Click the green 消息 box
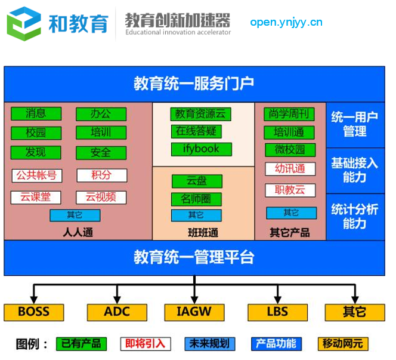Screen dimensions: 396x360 click(36, 114)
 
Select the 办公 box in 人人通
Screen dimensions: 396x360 click(101, 114)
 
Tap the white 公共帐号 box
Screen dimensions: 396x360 click(37, 176)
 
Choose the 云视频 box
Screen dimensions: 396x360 click(101, 198)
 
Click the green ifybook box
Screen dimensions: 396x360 click(202, 149)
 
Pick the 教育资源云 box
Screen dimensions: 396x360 click(200, 114)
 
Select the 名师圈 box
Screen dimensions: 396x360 click(196, 199)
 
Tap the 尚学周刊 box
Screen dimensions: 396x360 click(289, 114)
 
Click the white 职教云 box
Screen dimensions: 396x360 click(290, 190)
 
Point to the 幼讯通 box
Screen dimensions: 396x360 click(290, 168)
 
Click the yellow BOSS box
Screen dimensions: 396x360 click(34, 312)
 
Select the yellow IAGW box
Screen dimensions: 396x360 click(194, 312)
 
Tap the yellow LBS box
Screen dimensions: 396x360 click(277, 312)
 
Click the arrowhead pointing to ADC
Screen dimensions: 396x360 click(117, 300)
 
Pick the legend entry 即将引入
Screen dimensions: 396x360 click(146, 344)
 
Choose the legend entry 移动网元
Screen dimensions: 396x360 click(343, 344)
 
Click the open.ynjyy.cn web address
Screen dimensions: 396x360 click(286, 23)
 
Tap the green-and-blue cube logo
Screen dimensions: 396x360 click(24, 24)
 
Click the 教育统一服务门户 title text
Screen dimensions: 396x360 click(194, 84)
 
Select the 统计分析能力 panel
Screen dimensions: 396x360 click(355, 217)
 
